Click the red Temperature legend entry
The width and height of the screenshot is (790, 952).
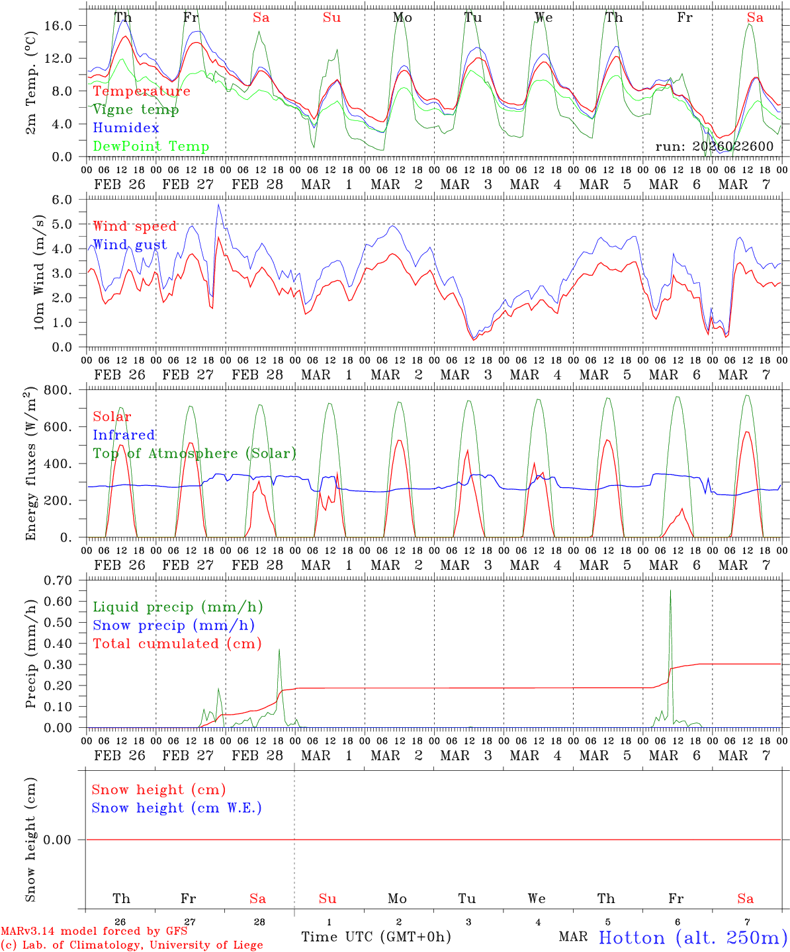142,91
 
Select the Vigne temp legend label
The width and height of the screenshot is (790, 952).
136,110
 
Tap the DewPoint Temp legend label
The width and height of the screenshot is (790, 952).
151,147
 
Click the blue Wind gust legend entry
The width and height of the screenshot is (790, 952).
130,245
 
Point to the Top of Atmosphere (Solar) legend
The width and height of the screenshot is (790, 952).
194,454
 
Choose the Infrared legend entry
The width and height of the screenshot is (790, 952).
124,435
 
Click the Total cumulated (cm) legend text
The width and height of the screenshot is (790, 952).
177,644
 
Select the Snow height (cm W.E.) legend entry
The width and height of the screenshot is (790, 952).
177,808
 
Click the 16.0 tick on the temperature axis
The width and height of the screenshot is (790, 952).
58,25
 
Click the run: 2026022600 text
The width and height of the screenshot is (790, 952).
714,146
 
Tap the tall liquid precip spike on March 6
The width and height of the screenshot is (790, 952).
670,592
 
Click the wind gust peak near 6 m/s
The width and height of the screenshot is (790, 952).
218,206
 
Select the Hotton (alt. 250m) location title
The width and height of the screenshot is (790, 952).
693,937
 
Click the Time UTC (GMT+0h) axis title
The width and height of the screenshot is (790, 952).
376,937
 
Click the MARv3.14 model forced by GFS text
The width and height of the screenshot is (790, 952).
94,931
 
